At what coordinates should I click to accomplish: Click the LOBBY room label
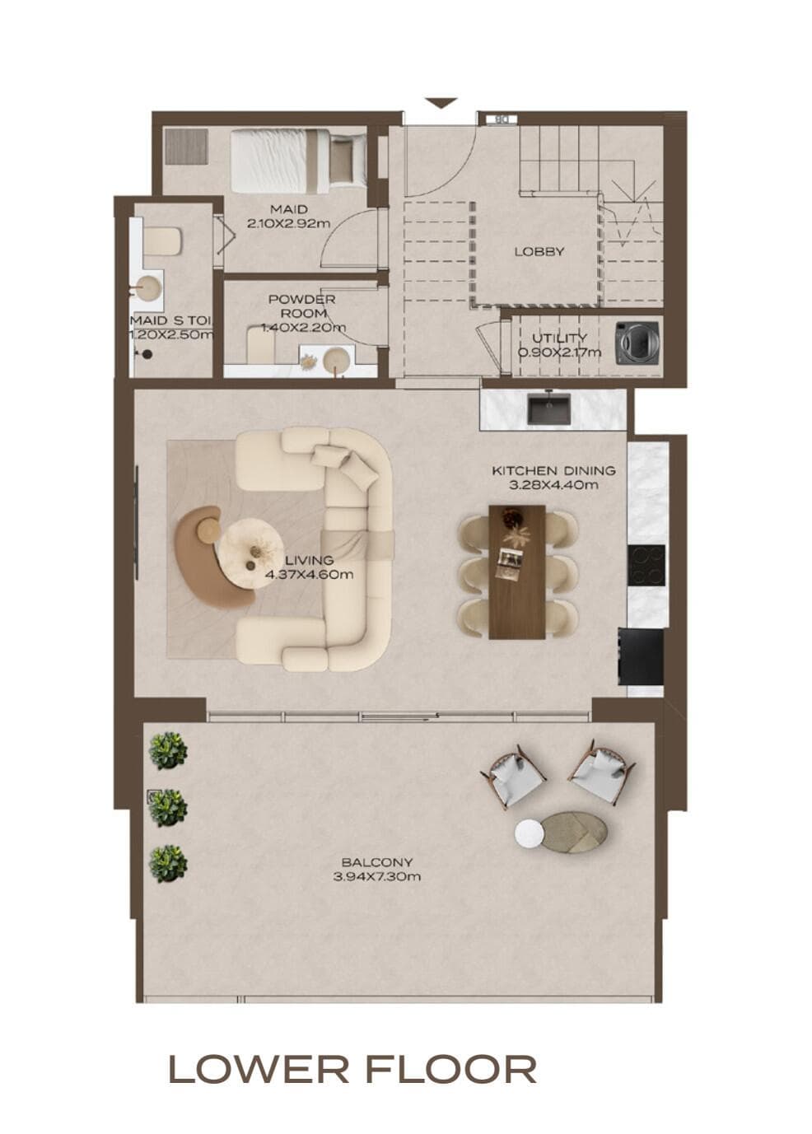pos(539,251)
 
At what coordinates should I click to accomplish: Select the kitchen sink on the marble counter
pos(548,409)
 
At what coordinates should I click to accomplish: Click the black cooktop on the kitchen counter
pos(646,565)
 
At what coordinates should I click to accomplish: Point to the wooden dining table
pos(516,572)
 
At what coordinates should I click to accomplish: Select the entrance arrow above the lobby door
pos(441,103)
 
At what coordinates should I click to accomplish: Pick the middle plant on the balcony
pos(168,808)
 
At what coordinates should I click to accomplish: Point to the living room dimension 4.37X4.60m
pos(310,574)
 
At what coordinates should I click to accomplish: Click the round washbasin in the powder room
pos(337,360)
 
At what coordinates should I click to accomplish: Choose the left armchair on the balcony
pos(515,777)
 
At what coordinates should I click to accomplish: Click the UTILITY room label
pos(559,338)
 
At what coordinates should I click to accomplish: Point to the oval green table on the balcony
pos(575,830)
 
